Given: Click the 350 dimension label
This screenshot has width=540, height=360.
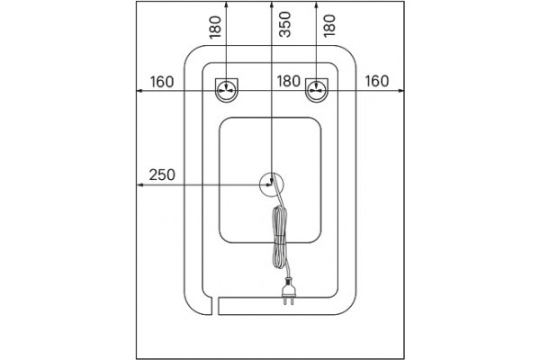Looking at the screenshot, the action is (284, 24).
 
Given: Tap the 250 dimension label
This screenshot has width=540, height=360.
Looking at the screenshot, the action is (162, 175).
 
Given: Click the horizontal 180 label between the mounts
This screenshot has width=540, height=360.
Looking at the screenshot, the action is (289, 81).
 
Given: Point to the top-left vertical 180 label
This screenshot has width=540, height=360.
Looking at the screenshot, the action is (215, 27).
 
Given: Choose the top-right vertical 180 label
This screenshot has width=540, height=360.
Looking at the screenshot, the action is (329, 25).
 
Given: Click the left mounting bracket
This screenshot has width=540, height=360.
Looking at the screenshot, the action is (226, 90).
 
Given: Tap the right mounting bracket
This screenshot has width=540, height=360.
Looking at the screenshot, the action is (317, 90).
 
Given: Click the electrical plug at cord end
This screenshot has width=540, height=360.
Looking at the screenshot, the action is (288, 291).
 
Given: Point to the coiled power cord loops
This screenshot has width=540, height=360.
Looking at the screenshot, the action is (280, 238).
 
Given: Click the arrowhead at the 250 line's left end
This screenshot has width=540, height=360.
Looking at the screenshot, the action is (139, 185).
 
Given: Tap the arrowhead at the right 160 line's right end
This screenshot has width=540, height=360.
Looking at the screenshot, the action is (401, 91).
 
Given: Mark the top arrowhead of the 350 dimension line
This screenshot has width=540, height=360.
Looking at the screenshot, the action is (272, 4).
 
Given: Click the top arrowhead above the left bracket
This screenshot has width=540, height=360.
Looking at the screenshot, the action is (226, 4).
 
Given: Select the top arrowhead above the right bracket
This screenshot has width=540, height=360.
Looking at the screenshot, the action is (317, 4).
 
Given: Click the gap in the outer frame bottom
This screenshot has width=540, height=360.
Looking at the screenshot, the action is (215, 306).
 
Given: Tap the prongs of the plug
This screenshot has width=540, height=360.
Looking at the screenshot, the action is (288, 301).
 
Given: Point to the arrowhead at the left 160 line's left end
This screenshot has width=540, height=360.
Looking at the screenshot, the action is (139, 91).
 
